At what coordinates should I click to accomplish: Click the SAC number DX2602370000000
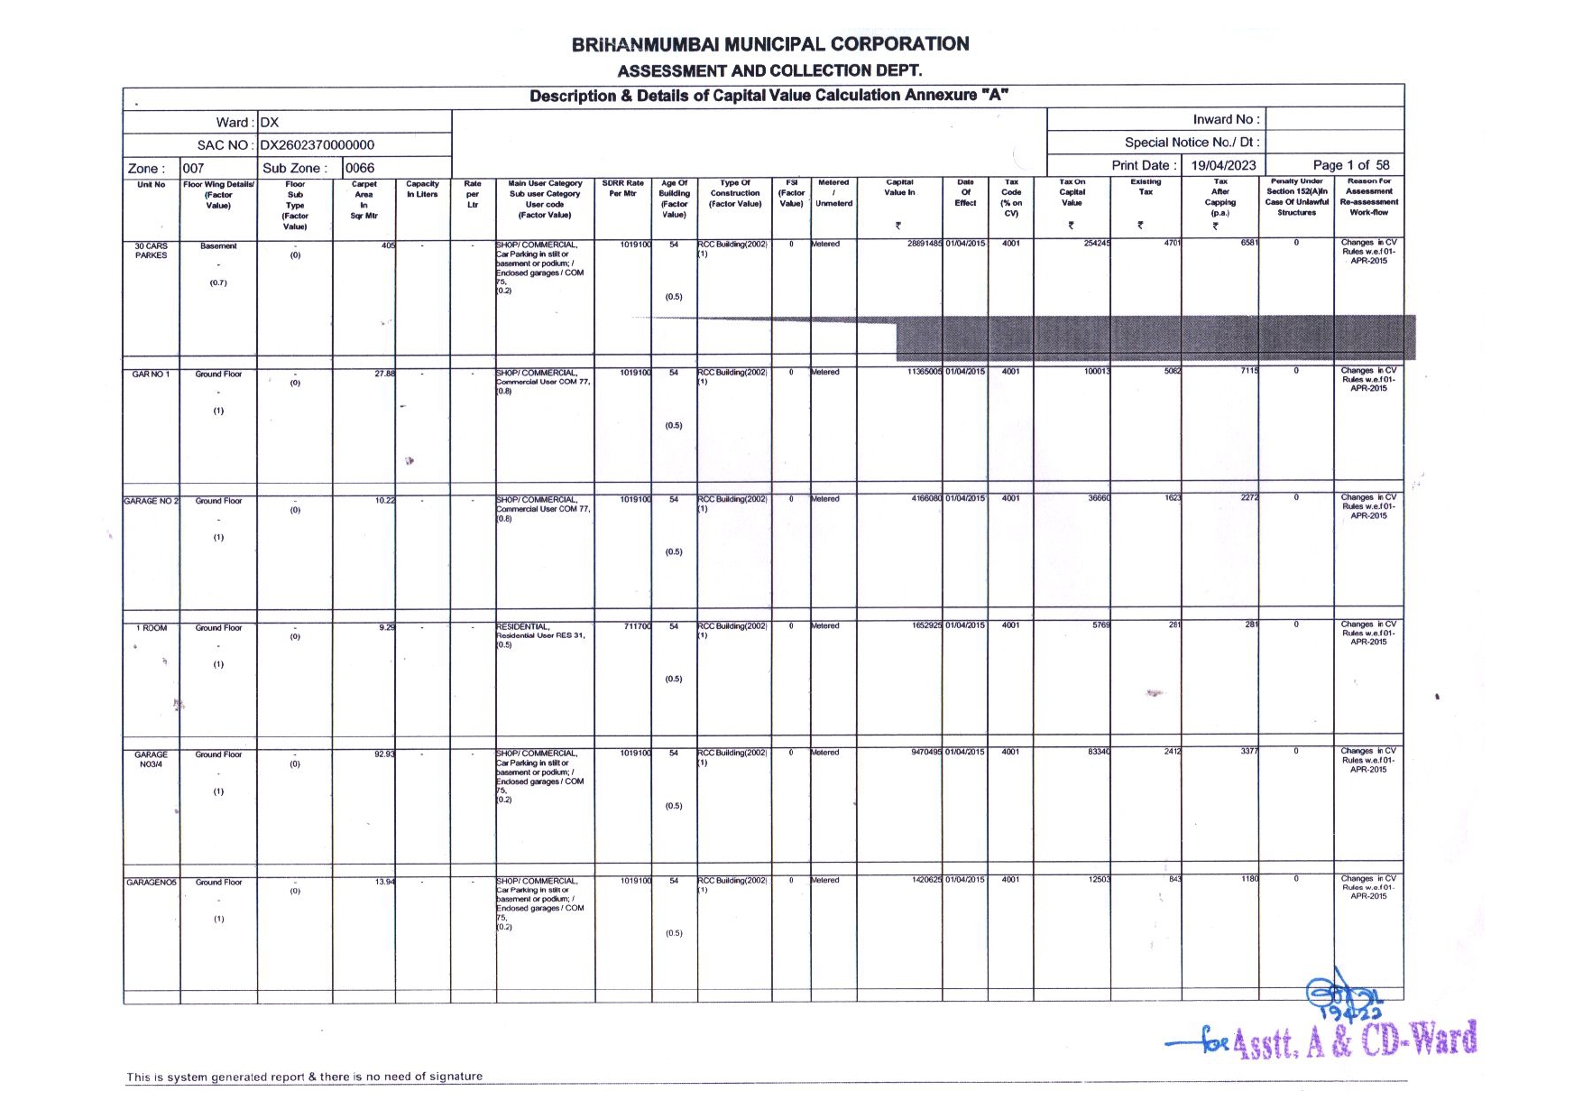[317, 144]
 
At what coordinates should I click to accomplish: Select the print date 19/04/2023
[1222, 165]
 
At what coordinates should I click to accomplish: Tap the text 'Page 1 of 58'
[1350, 165]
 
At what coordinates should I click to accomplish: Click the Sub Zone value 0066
[360, 168]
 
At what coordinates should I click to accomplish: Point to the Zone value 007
[193, 168]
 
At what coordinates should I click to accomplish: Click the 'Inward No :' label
[1226, 119]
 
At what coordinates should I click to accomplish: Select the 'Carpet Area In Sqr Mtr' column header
[364, 199]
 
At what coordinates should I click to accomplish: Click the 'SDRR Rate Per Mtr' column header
[622, 189]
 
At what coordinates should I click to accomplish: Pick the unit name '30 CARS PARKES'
[151, 250]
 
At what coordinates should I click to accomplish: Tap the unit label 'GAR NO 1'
[151, 374]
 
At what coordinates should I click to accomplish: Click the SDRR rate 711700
[637, 626]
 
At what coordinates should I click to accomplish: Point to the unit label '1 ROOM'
[152, 627]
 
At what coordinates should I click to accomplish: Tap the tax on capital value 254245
[1097, 243]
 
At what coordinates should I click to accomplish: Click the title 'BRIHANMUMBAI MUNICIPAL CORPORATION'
[770, 44]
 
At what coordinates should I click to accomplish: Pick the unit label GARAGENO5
[152, 882]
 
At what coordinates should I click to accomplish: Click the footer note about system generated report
[304, 1077]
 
